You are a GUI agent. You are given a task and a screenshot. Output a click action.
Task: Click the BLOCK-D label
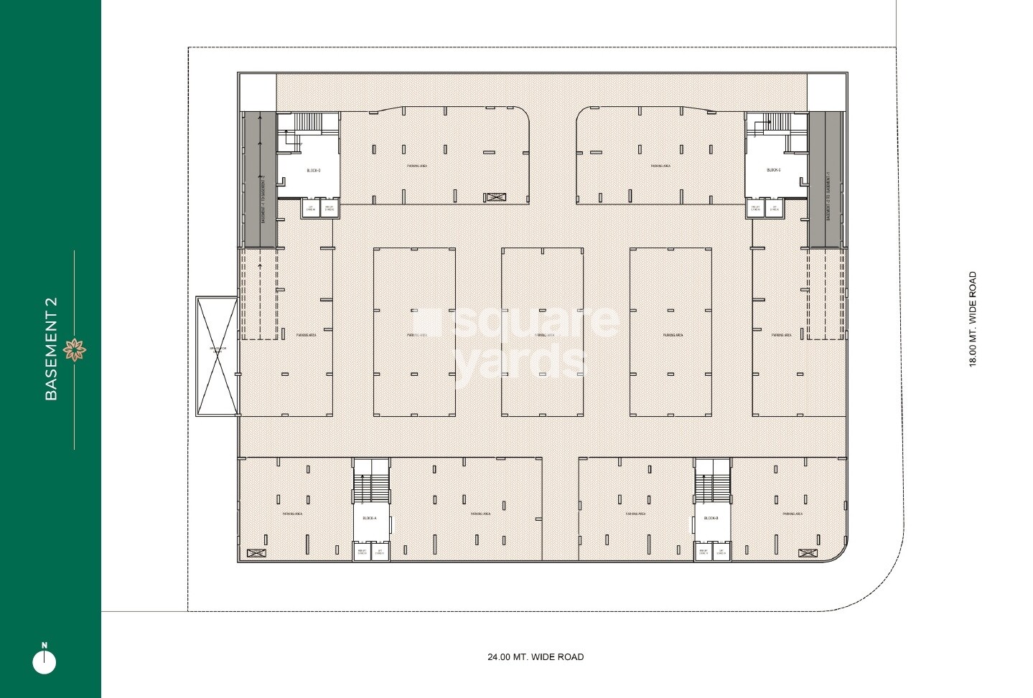[313, 171]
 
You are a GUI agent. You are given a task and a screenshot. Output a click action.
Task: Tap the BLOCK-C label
[773, 171]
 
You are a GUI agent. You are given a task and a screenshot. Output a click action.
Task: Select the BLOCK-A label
[369, 518]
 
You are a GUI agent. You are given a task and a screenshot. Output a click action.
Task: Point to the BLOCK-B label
[711, 518]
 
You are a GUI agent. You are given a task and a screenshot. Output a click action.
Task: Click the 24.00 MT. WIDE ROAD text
[536, 657]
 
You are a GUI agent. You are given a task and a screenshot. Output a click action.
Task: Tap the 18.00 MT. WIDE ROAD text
[973, 319]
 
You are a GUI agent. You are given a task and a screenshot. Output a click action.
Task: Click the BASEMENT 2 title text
[51, 349]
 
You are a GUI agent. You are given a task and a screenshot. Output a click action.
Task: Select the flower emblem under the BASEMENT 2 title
[74, 350]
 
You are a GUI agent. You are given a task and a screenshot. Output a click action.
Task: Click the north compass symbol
[45, 661]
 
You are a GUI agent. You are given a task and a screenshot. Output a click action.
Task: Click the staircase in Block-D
[308, 123]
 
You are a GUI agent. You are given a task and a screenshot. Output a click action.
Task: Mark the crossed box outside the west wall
[217, 357]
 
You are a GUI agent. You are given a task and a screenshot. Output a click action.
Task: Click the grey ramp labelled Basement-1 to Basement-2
[259, 179]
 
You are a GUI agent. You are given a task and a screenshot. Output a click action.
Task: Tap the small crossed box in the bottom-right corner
[808, 553]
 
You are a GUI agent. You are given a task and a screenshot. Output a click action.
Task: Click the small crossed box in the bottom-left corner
[256, 553]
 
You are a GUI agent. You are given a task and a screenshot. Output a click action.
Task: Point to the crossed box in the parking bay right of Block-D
[495, 197]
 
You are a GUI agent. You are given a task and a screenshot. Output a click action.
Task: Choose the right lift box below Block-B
[720, 552]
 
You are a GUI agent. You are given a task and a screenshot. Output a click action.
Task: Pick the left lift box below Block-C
[755, 209]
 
